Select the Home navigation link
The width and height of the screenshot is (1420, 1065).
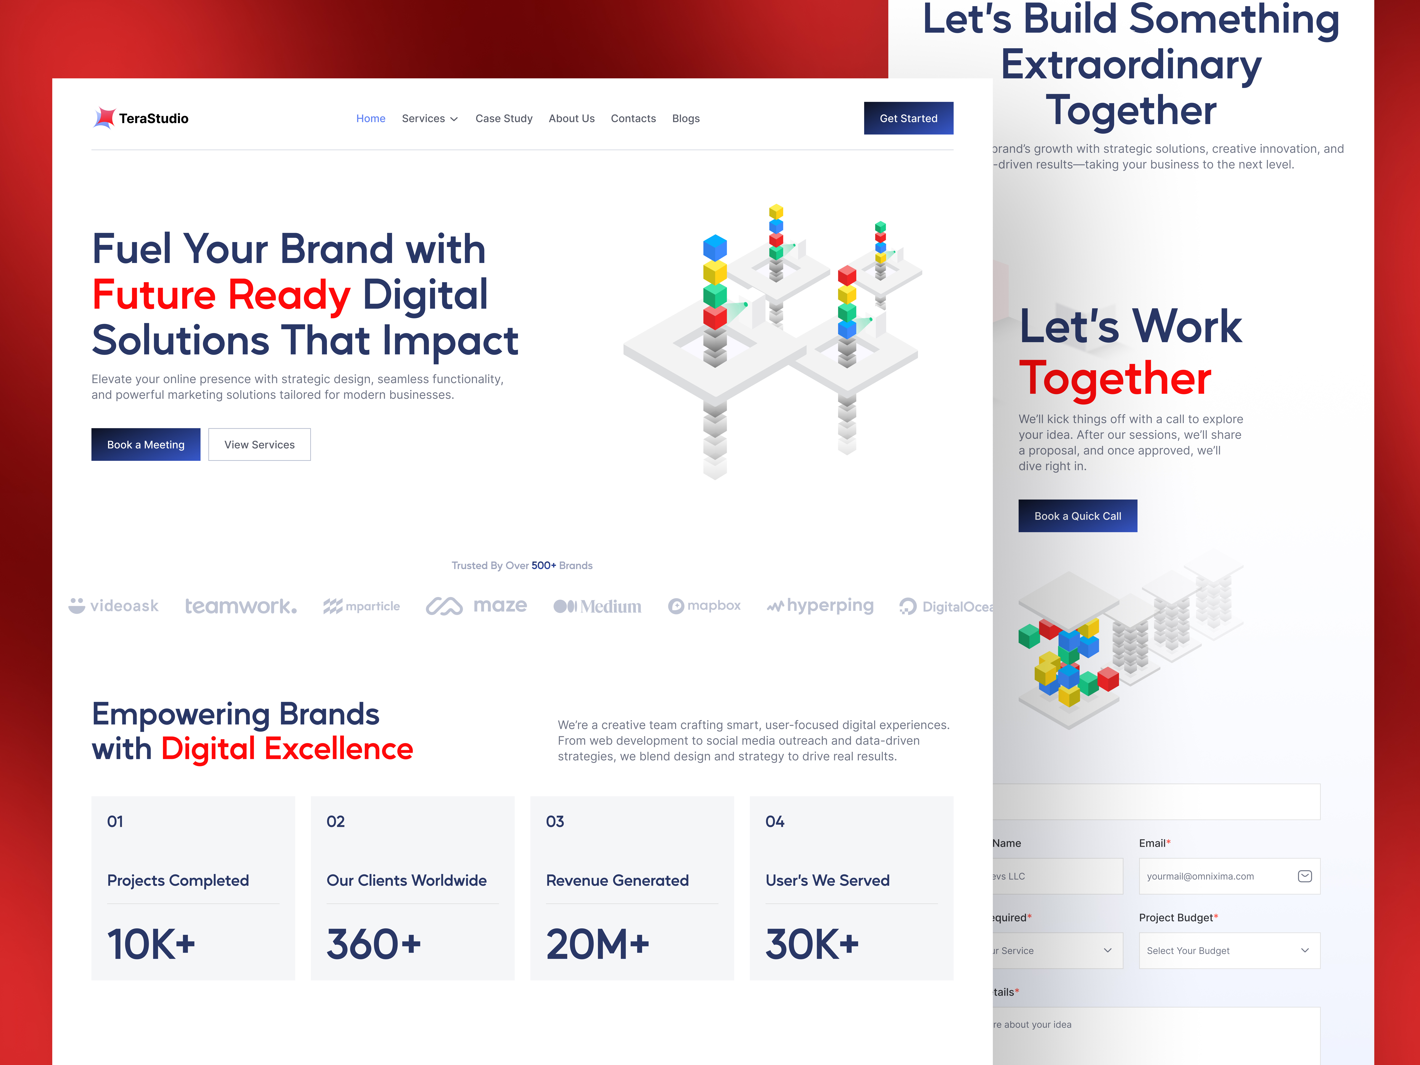tap(370, 119)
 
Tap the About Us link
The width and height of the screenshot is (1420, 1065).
tap(571, 119)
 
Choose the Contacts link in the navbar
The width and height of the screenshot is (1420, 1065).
tap(633, 119)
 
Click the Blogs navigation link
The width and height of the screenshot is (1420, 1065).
tap(686, 119)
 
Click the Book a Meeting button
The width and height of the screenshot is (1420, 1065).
tap(146, 445)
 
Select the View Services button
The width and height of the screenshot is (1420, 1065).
tap(259, 445)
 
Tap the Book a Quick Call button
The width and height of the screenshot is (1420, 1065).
tap(1077, 516)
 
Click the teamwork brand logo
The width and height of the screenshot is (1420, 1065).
tap(241, 606)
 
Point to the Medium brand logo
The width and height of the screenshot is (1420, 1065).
tap(597, 606)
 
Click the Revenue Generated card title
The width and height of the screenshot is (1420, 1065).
tap(617, 880)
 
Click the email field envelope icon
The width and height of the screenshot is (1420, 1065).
tap(1304, 876)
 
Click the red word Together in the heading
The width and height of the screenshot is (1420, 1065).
tap(1114, 379)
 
